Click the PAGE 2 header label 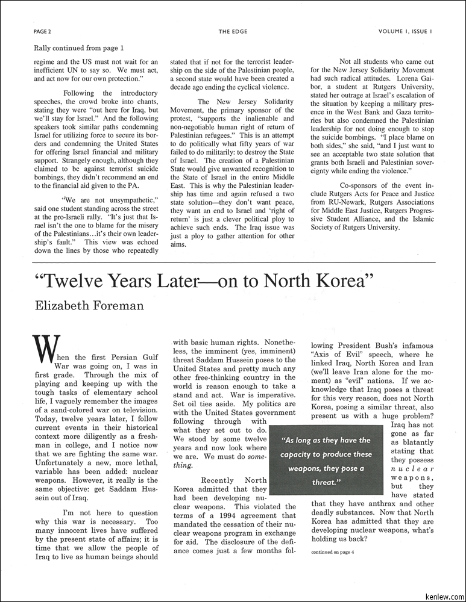(42, 31)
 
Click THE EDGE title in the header (233, 31)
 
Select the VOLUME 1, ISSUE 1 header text (405, 31)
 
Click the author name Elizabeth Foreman (89, 305)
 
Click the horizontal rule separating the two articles (233, 263)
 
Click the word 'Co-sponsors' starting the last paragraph (361, 185)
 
